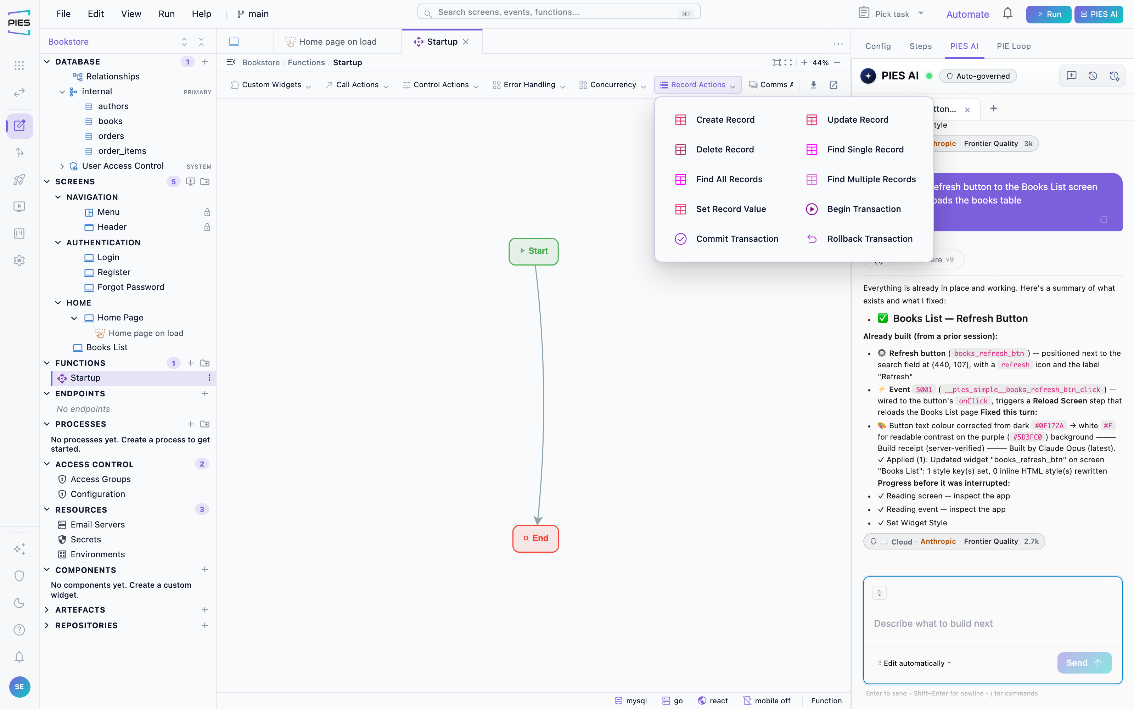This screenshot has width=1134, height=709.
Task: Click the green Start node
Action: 533,251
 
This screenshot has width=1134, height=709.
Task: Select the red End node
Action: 535,538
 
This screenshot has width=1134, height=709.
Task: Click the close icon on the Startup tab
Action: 466,42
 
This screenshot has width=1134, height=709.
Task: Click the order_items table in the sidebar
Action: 122,151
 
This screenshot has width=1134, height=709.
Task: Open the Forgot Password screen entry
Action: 131,287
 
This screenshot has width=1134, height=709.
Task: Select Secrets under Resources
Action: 86,539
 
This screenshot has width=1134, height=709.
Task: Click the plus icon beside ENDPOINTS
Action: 205,393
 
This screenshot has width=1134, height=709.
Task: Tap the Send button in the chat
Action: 1084,663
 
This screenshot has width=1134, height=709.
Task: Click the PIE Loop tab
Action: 1014,46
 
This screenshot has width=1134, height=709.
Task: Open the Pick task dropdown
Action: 891,13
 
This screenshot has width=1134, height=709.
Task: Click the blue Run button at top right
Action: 1049,14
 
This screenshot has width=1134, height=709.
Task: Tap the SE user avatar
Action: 19,687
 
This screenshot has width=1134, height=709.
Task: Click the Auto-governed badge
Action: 978,76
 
